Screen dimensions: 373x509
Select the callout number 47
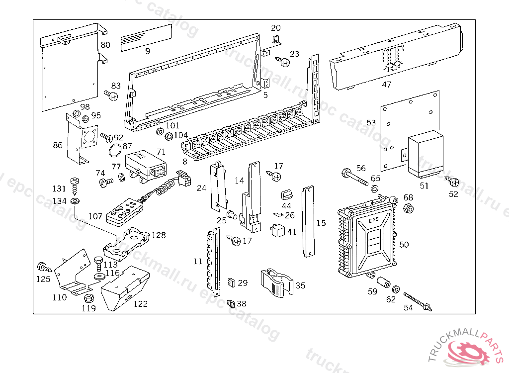pyautogui.click(x=387, y=85)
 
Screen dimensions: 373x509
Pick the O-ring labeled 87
pyautogui.click(x=114, y=151)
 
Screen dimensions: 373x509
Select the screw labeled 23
pyautogui.click(x=284, y=62)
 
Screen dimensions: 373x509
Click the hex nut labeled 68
pyautogui.click(x=408, y=209)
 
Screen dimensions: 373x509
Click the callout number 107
pyautogui.click(x=96, y=217)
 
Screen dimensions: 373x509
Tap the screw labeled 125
pyautogui.click(x=42, y=267)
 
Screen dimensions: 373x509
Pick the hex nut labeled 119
pyautogui.click(x=89, y=298)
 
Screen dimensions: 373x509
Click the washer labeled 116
pyautogui.click(x=98, y=275)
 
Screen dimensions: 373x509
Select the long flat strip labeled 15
pyautogui.click(x=309, y=221)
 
